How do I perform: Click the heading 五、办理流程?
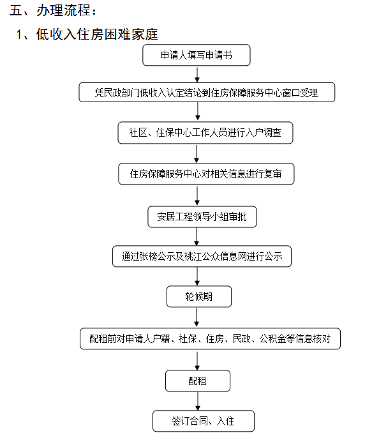52,10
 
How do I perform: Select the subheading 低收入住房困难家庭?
97,34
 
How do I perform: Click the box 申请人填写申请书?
197,55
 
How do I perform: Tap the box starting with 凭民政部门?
207,92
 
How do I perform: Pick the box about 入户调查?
205,133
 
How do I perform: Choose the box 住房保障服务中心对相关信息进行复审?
206,174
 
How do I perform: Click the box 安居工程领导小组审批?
202,216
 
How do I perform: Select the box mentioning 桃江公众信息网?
202,256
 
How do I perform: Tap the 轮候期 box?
199,296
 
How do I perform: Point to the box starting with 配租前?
210,338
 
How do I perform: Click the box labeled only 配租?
198,381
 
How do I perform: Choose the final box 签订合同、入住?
204,421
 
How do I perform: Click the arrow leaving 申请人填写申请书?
197,74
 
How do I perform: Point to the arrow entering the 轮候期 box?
197,277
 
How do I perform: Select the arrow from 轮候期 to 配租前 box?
197,317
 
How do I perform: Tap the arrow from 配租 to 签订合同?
198,401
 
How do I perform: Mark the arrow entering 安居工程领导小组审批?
197,195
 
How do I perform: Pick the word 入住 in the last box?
225,421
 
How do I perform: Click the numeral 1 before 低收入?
19,34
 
